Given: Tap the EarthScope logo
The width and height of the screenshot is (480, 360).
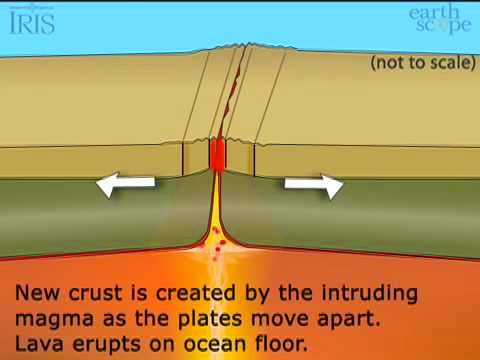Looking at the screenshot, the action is (437, 19).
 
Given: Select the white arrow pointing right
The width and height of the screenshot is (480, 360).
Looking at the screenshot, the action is (313, 185).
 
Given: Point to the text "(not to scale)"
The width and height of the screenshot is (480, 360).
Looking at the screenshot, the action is (420, 63).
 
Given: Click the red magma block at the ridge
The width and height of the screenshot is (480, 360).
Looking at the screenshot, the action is (219, 154).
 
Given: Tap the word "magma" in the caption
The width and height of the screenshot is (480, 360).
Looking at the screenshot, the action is (51, 321).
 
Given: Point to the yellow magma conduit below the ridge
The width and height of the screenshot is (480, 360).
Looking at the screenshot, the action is (218, 215).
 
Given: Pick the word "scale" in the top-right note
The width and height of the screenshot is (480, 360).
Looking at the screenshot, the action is (442, 63).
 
